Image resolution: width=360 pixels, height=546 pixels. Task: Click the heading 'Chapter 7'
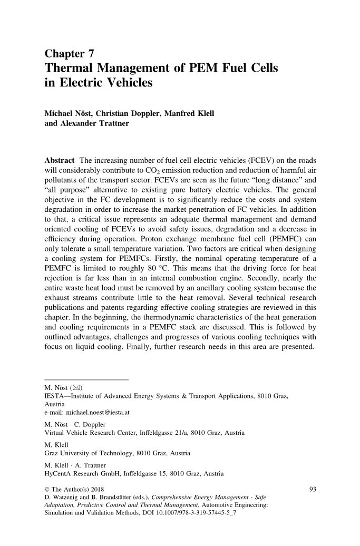[x=69, y=53]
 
